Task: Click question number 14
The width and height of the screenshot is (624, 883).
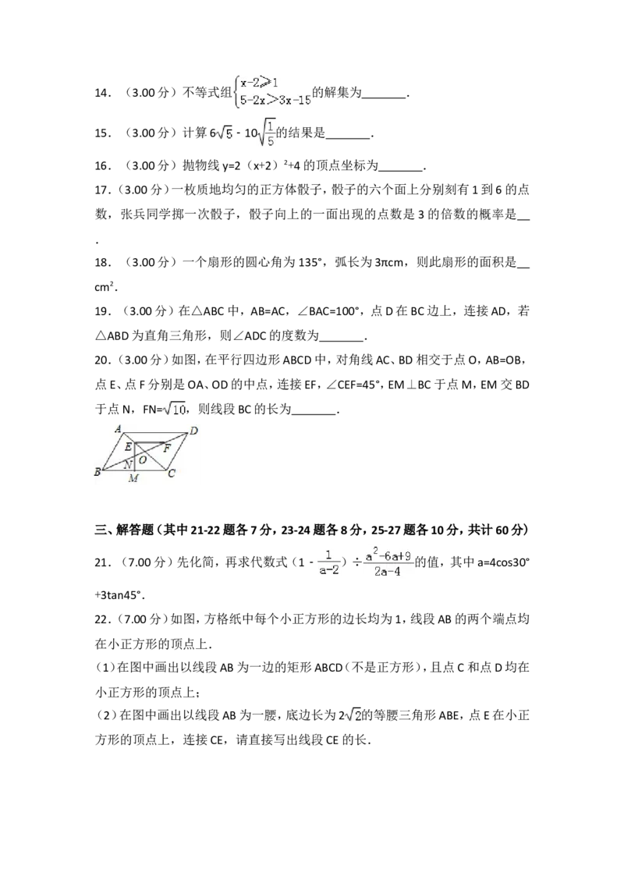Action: (101, 94)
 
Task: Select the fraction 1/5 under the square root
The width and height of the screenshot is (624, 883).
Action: (271, 133)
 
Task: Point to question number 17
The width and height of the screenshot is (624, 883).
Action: (101, 190)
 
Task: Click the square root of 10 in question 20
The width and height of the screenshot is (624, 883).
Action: (175, 409)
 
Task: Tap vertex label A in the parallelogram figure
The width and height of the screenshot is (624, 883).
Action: (118, 429)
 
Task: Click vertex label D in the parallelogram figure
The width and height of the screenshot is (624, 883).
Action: (193, 431)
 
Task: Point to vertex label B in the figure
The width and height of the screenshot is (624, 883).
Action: (97, 473)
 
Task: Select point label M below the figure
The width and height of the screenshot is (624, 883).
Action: (133, 479)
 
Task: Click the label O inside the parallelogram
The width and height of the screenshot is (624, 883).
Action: (143, 460)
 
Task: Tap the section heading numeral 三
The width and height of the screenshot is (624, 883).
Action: (101, 530)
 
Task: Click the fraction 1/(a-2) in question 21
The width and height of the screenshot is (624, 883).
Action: (328, 562)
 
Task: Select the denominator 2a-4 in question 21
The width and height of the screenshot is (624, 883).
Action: (388, 571)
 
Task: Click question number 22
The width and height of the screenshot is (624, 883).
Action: (101, 620)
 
